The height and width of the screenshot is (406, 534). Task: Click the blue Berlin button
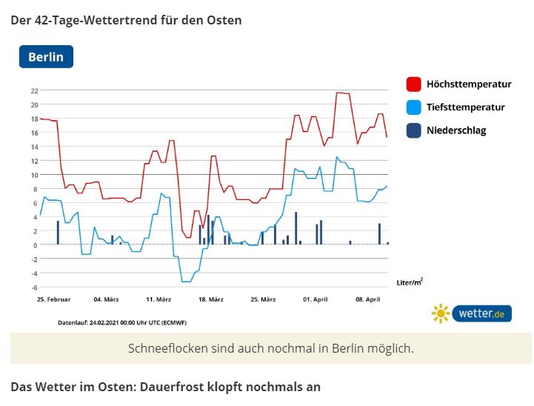[x=46, y=56]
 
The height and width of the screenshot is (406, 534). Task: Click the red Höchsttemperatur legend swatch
[x=414, y=84]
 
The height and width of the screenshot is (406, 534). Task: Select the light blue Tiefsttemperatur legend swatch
[x=414, y=107]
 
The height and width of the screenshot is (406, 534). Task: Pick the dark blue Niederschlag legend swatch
[x=414, y=130]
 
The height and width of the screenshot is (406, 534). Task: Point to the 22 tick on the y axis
[x=34, y=90]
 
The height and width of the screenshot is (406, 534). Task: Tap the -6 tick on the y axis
[x=34, y=287]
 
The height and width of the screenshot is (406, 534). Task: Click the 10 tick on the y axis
[x=34, y=175]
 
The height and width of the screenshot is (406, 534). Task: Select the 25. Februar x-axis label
[x=54, y=299]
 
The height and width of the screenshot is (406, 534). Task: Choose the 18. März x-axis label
[x=211, y=299]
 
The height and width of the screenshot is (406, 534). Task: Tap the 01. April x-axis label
[x=316, y=299]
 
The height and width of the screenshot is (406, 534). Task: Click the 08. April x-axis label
[x=368, y=299]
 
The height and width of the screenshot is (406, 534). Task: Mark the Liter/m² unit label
[x=410, y=282]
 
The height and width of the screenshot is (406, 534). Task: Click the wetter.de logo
[x=481, y=313]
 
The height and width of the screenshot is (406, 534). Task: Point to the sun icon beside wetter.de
[x=441, y=313]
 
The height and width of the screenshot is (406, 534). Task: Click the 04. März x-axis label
[x=107, y=299]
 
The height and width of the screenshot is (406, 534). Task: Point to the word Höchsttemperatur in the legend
[x=469, y=84]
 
